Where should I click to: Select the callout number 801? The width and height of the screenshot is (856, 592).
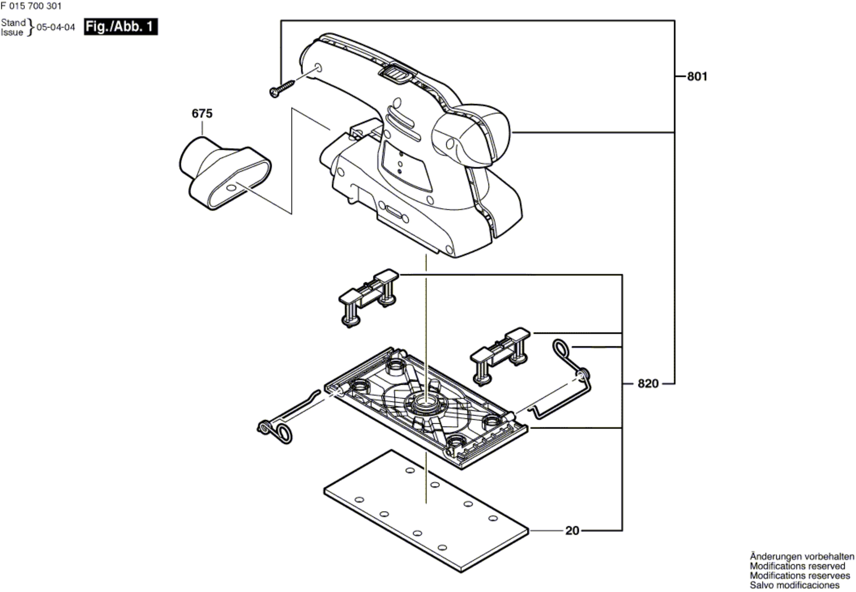[697, 76]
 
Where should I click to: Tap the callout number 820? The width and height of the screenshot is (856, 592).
[648, 383]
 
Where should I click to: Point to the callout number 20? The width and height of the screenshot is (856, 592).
[572, 531]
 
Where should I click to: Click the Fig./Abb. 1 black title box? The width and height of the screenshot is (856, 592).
[121, 27]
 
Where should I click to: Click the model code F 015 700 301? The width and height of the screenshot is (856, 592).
[31, 6]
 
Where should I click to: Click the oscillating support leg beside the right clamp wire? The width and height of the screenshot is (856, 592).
[500, 356]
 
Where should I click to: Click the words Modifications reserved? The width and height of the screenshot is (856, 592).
[797, 566]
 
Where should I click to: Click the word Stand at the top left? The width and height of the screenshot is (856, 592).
[13, 23]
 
